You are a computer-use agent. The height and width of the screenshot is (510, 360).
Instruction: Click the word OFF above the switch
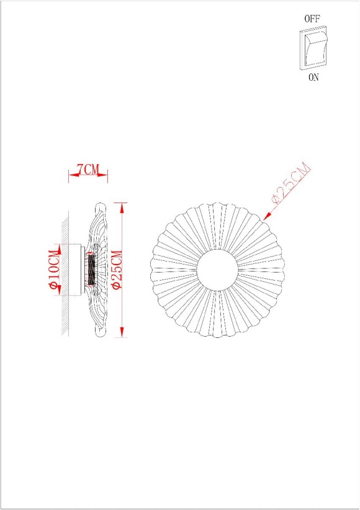pos(312,19)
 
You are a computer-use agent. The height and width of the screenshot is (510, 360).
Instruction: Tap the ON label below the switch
pos(313,78)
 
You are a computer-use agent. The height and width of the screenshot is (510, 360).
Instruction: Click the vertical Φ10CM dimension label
pos(54,269)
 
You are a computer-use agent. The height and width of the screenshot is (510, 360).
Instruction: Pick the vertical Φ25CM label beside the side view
pos(116,269)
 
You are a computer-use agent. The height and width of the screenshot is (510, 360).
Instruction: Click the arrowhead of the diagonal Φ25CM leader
pos(268,216)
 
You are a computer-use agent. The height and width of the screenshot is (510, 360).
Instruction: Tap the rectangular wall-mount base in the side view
pos(76,270)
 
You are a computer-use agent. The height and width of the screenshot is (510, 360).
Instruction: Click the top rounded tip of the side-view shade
pos(100,205)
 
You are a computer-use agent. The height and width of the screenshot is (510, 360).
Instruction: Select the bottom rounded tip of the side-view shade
pos(100,335)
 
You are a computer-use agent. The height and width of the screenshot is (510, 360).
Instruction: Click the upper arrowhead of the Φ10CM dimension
pos(58,248)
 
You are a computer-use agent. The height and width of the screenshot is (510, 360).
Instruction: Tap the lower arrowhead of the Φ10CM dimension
pos(58,292)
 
